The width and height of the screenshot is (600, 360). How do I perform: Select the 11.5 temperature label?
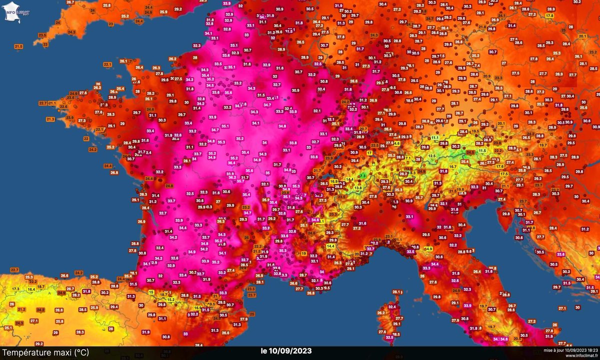coord(482,150)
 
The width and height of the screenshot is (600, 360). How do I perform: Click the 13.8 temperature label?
coord(358,187)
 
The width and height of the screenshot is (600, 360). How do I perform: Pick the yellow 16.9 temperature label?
coord(334,182)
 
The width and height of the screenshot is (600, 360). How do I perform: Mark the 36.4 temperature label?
coord(232,163)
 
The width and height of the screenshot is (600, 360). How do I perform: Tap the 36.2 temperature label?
coord(232,177)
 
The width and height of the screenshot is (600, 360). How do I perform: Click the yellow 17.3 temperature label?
coord(15,289)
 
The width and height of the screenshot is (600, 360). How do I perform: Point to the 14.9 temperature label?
coord(428,248)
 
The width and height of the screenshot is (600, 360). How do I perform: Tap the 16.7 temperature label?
coord(453,166)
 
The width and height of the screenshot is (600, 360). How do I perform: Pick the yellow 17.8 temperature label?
coord(550,16)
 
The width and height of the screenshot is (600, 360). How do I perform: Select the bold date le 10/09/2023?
coord(286,351)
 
